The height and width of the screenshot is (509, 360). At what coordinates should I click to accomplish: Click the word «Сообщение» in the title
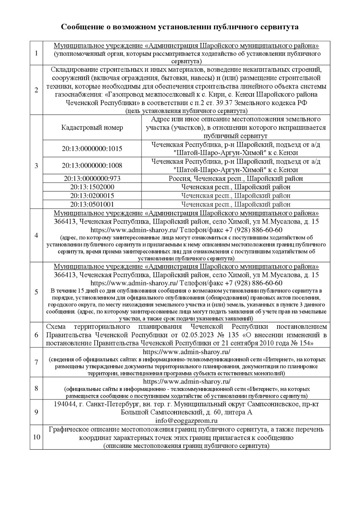(x=81, y=27)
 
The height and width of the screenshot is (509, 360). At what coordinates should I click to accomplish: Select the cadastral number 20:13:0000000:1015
(x=92, y=149)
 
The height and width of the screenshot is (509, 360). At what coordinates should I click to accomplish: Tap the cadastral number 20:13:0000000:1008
(x=92, y=166)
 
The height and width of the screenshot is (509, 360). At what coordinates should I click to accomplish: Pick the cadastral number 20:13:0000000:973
(x=92, y=179)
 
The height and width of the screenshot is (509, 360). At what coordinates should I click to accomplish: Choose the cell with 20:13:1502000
(x=92, y=187)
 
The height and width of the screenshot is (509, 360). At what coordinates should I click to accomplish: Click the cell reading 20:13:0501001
(x=92, y=204)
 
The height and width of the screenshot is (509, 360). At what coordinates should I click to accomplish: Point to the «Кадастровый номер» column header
(x=92, y=128)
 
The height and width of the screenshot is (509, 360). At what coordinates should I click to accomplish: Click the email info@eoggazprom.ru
(x=186, y=421)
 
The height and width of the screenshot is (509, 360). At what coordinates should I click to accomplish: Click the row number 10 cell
(x=36, y=437)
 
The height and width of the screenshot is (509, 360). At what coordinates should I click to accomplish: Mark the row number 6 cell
(x=36, y=335)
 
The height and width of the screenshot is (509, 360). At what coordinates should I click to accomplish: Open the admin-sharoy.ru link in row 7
(x=186, y=352)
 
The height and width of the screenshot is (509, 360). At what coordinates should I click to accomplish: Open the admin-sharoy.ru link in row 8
(x=186, y=382)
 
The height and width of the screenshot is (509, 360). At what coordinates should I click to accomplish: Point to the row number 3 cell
(x=36, y=166)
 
